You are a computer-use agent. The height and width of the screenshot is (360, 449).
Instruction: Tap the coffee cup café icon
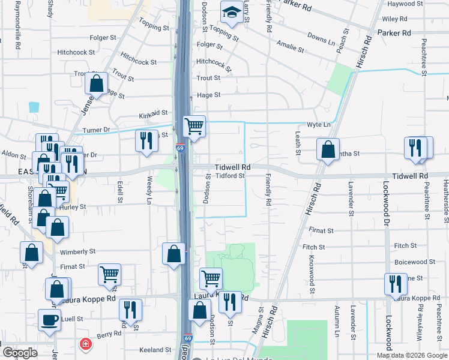[x=49, y=319]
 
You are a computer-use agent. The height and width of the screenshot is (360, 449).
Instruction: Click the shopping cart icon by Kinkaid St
[x=194, y=126]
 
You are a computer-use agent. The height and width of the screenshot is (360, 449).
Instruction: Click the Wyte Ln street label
[x=319, y=125]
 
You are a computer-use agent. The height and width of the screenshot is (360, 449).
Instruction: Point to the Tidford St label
[x=231, y=176]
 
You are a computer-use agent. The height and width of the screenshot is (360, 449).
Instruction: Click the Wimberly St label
[x=77, y=252]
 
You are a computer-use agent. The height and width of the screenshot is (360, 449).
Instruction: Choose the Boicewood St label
[x=415, y=262]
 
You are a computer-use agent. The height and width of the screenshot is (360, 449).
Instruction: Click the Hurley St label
[x=76, y=206]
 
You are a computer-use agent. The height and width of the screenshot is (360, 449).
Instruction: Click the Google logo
[x=20, y=353]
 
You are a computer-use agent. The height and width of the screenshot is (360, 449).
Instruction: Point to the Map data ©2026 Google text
[x=411, y=355]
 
